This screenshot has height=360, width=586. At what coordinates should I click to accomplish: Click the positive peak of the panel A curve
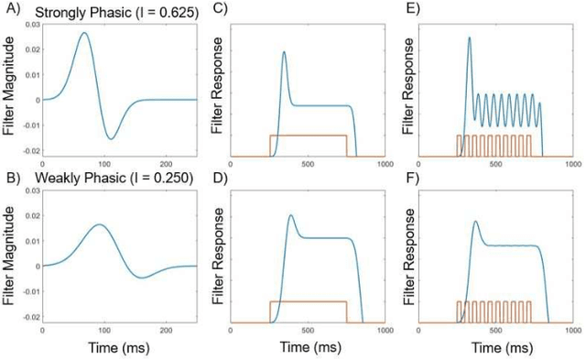[84, 33]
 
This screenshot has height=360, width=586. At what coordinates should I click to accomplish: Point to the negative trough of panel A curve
[110, 139]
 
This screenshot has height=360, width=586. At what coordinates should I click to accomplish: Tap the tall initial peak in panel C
[284, 51]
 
